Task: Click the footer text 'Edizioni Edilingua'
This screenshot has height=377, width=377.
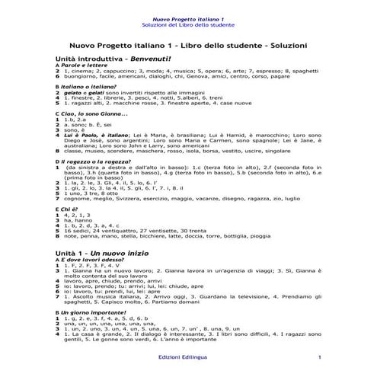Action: click(188, 357)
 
